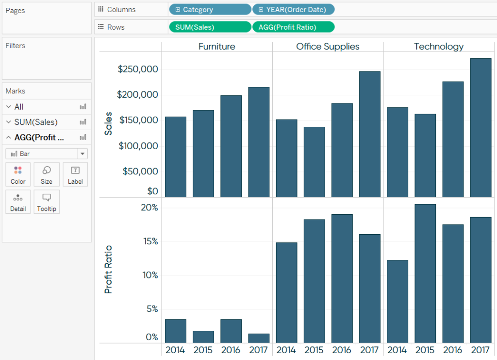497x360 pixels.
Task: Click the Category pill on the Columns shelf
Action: (210, 10)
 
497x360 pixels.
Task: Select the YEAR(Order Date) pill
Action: (293, 10)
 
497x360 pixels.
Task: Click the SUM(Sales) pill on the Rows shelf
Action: (210, 27)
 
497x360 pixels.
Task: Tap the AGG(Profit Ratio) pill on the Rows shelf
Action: (293, 27)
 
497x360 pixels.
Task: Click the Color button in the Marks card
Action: (18, 174)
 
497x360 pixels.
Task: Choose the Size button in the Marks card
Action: (47, 174)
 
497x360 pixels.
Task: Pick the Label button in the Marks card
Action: (75, 174)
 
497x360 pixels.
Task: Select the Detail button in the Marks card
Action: (18, 202)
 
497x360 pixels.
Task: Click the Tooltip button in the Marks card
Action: (47, 202)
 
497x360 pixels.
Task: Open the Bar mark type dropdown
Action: (47, 154)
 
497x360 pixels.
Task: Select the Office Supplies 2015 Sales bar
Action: (314, 161)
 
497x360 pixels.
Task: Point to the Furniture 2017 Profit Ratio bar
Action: (259, 338)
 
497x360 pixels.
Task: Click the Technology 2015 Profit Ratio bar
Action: (425, 273)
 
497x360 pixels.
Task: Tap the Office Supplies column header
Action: (328, 47)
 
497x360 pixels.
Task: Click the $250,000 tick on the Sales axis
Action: (138, 69)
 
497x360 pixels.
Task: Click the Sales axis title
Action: (108, 123)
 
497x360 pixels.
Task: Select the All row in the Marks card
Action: (19, 107)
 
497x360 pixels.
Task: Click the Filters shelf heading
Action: (16, 46)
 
